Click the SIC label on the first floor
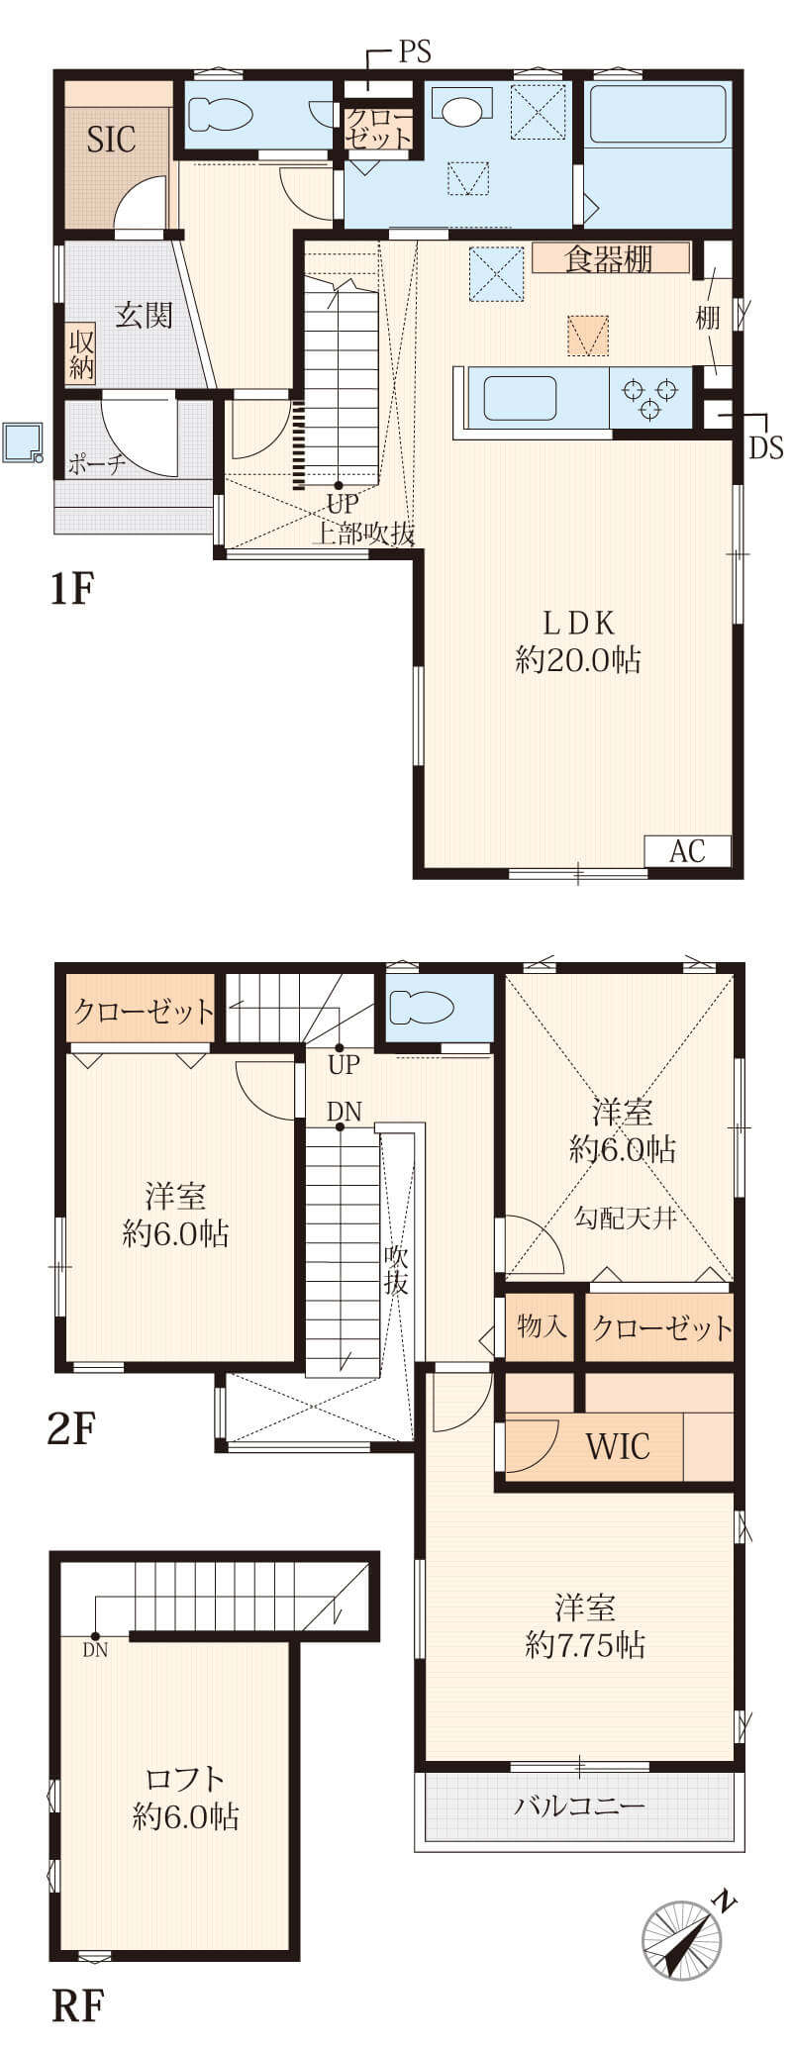pyautogui.click(x=111, y=140)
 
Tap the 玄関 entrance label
pyautogui.click(x=145, y=315)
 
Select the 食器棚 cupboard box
pyautogui.click(x=610, y=258)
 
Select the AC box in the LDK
pyautogui.click(x=688, y=850)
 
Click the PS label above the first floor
pyautogui.click(x=416, y=53)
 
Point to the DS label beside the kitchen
pyautogui.click(x=765, y=447)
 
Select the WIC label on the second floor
pyautogui.click(x=619, y=1446)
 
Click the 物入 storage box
pyautogui.click(x=541, y=1326)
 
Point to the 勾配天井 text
pyautogui.click(x=626, y=1218)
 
